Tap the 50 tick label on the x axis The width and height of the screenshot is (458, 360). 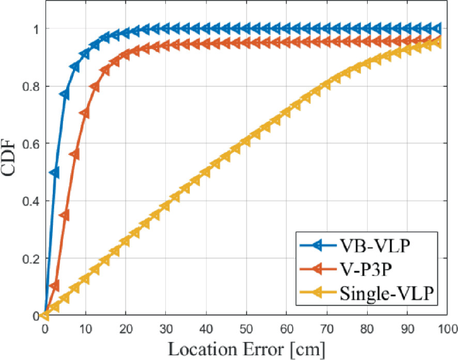[246, 329]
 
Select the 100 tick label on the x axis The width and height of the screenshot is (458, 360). [447, 329]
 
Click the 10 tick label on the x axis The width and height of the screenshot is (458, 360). [85, 329]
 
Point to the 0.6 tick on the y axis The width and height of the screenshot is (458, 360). [29, 144]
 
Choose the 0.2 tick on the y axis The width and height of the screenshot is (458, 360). [29, 258]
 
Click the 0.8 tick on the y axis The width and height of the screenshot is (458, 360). [29, 86]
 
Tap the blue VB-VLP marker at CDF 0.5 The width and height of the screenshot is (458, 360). [54, 173]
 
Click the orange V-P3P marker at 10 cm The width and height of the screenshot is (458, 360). [85, 113]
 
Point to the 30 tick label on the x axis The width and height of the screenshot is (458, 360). [165, 329]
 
